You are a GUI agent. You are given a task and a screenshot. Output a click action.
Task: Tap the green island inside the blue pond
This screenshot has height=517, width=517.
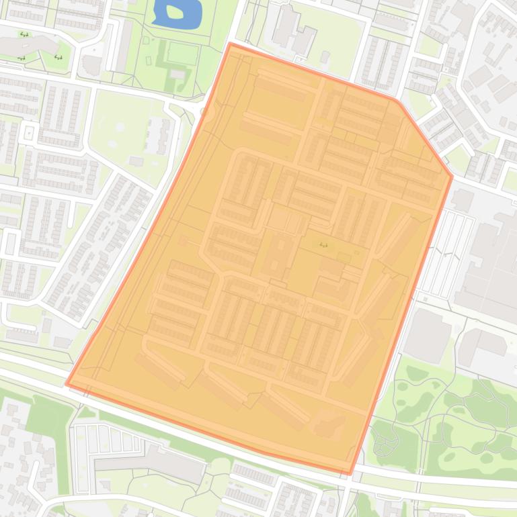click(175, 11)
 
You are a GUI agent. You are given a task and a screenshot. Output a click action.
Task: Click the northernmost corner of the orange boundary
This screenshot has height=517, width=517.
click(231, 44)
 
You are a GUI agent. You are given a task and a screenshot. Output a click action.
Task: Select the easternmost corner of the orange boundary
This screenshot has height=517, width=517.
click(452, 177)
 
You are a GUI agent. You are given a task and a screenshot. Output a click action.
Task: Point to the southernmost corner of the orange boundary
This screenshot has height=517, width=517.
click(350, 473)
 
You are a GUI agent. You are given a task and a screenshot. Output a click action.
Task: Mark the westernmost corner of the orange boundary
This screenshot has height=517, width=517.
click(67, 384)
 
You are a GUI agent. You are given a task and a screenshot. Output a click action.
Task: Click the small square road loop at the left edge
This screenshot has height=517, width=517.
click(28, 132)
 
